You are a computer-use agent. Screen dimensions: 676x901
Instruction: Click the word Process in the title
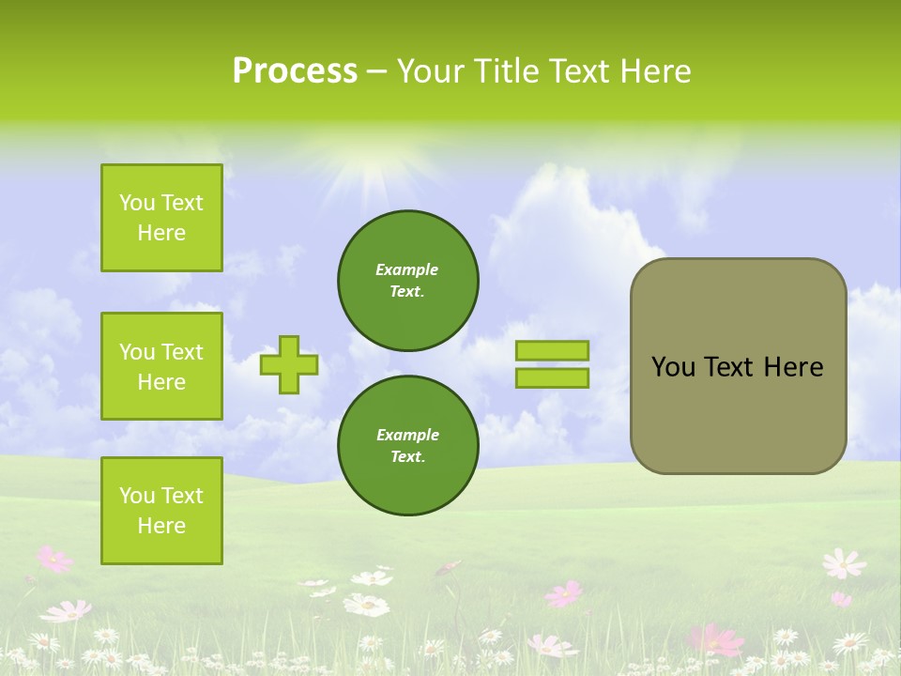pyautogui.click(x=295, y=71)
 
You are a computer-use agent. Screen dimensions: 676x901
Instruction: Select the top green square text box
pyautogui.click(x=161, y=218)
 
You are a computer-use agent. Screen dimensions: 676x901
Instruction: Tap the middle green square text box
pyautogui.click(x=161, y=366)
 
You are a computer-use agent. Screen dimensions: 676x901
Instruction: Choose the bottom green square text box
pyautogui.click(x=161, y=511)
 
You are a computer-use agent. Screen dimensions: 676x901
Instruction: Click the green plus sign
pyautogui.click(x=289, y=364)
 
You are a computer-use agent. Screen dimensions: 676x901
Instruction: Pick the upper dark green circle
pyautogui.click(x=407, y=280)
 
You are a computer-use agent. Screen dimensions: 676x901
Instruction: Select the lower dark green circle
pyautogui.click(x=407, y=445)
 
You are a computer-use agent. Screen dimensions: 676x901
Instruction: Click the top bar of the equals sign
pyautogui.click(x=552, y=350)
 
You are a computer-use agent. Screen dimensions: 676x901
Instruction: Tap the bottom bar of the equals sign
pyautogui.click(x=552, y=378)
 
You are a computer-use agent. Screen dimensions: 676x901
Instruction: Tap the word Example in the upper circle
pyautogui.click(x=406, y=269)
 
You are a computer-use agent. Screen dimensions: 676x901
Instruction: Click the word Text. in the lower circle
pyautogui.click(x=407, y=456)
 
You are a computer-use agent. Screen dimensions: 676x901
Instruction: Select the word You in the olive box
pyautogui.click(x=673, y=367)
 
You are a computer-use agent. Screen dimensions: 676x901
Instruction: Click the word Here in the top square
pyautogui.click(x=161, y=233)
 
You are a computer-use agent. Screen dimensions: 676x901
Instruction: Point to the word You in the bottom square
pyautogui.click(x=137, y=496)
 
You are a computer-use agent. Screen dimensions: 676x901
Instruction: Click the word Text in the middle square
pyautogui.click(x=181, y=352)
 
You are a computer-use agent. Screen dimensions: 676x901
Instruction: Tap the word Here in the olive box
pyautogui.click(x=793, y=367)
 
